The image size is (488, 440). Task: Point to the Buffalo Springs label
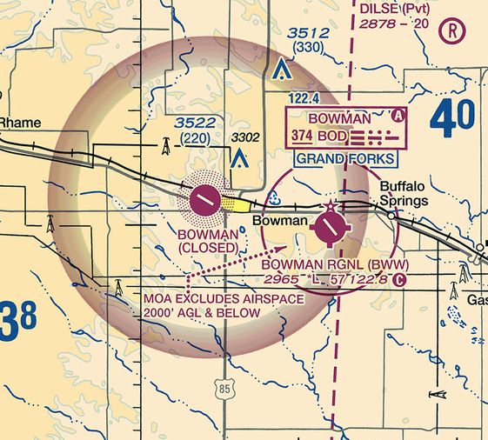pos(404,193)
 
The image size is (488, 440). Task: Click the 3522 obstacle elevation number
pos(195,123)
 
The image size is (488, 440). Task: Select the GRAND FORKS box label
pos(344,158)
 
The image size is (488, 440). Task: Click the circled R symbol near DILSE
pos(453,31)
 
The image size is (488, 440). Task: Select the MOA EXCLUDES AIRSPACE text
pos(224,299)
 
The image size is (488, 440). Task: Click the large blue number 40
pos(451,119)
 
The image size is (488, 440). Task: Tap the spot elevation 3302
pos(244,137)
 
